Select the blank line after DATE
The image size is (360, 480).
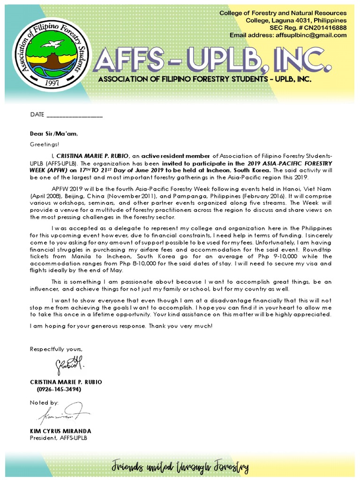click(75, 115)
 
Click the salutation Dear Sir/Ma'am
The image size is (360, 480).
click(54, 134)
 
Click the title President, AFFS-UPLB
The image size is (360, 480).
click(59, 438)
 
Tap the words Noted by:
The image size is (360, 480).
click(45, 403)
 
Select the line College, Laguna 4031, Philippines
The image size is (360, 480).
click(296, 20)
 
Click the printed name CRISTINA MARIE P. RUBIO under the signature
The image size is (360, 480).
click(66, 382)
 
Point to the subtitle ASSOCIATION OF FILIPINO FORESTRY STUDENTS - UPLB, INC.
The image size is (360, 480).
click(205, 80)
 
